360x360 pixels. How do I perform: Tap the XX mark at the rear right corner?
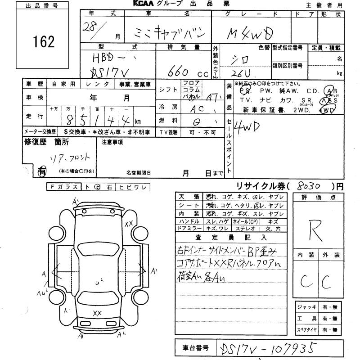(x=129, y=223)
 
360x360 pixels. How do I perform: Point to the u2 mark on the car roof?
(x=100, y=282)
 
